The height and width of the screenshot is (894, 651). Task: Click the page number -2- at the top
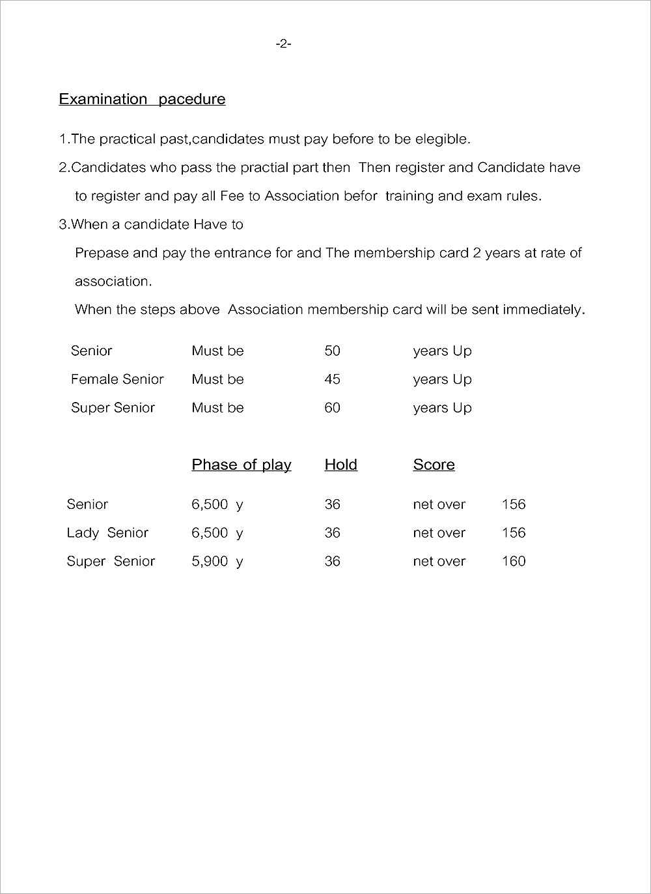283,44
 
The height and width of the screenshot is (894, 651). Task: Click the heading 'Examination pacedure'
142,99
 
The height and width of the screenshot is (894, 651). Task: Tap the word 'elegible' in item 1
442,139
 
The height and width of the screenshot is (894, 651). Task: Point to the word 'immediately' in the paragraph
545,310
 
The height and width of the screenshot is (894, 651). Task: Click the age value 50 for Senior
332,351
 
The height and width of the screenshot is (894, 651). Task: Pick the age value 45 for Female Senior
332,379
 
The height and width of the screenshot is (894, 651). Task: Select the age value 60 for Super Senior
332,408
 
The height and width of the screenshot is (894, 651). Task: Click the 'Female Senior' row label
117,379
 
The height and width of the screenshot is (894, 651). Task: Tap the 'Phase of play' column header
241,465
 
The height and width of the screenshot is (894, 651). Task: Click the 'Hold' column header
340,465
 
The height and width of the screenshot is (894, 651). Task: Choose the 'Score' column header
434,465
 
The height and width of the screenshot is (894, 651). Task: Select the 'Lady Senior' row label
107,533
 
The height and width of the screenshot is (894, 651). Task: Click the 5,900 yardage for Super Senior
210,562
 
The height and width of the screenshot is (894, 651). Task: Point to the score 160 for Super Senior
514,562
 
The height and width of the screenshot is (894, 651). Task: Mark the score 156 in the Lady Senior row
514,533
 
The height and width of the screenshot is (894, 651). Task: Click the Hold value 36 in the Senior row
332,504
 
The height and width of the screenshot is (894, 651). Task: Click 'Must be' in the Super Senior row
217,408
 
